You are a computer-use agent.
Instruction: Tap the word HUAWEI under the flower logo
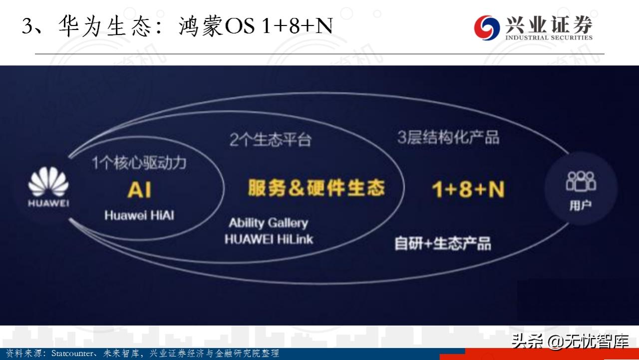click(x=48, y=203)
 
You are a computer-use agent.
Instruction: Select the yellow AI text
click(x=139, y=190)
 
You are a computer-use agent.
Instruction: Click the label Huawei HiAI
click(x=139, y=216)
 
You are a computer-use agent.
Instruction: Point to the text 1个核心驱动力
click(x=131, y=163)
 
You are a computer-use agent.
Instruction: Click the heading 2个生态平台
click(x=270, y=140)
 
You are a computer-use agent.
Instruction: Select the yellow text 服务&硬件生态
click(x=316, y=188)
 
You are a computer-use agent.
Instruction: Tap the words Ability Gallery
click(x=268, y=223)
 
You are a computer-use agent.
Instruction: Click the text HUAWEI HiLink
click(x=269, y=239)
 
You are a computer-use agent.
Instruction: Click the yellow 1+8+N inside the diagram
click(x=468, y=190)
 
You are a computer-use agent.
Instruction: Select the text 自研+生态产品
click(x=442, y=243)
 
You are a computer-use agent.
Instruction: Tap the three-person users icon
click(x=581, y=181)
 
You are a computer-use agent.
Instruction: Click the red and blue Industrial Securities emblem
click(x=487, y=27)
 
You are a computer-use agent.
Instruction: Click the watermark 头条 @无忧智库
click(x=569, y=342)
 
